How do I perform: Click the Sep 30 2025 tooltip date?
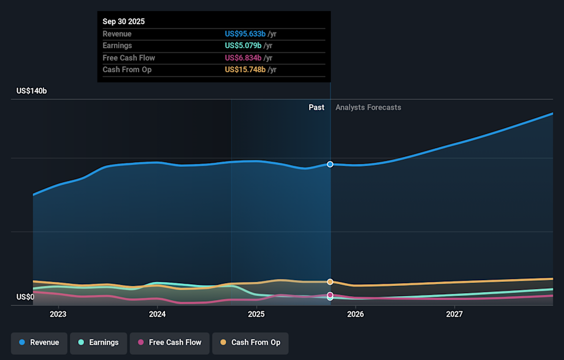pyautogui.click(x=123, y=22)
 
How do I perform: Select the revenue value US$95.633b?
pyautogui.click(x=246, y=34)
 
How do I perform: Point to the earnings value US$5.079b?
pyautogui.click(x=243, y=46)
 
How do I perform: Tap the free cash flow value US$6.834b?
pyautogui.click(x=243, y=58)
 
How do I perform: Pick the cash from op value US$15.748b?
pyautogui.click(x=246, y=69)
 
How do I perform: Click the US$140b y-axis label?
pyautogui.click(x=32, y=91)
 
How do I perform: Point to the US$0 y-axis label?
pyautogui.click(x=25, y=297)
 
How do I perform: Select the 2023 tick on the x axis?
pyautogui.click(x=58, y=315)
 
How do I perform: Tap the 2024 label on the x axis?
pyautogui.click(x=157, y=315)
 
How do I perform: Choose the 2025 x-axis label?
pyautogui.click(x=256, y=315)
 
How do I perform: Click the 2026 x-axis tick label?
pyautogui.click(x=355, y=315)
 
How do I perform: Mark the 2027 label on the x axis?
pyautogui.click(x=454, y=315)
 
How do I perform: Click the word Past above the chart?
pyautogui.click(x=316, y=107)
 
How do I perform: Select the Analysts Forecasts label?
pyautogui.click(x=368, y=107)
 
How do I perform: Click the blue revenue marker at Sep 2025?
pyautogui.click(x=330, y=164)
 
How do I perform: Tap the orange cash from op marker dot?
pyautogui.click(x=330, y=282)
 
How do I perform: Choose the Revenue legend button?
pyautogui.click(x=38, y=342)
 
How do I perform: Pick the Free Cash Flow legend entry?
pyautogui.click(x=169, y=342)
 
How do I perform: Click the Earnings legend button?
pyautogui.click(x=98, y=342)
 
